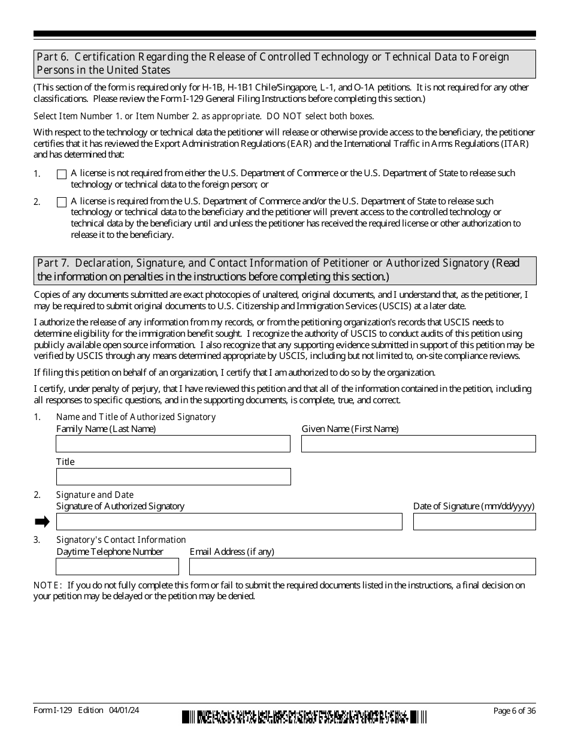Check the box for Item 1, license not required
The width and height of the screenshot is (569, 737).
pos(61,174)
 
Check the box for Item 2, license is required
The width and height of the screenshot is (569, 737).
pos(61,203)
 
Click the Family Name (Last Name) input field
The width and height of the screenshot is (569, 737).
pos(173,443)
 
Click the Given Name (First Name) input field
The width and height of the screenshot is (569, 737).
pos(418,443)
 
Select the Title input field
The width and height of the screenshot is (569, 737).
pos(173,476)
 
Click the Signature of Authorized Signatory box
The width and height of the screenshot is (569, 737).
pos(229,521)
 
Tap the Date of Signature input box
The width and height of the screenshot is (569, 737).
pos(474,521)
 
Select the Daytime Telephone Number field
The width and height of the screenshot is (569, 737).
pos(117,566)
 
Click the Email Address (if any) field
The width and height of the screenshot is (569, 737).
pos(362,566)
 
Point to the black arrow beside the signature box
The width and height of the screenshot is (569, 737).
pos(42,522)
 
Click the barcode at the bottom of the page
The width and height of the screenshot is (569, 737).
pos(305,716)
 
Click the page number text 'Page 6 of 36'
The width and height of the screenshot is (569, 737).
pos(514,711)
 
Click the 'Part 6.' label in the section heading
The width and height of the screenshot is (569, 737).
pos(50,57)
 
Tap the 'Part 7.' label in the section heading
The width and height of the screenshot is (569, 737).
pos(50,263)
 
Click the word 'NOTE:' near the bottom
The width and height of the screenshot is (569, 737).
pos(47,585)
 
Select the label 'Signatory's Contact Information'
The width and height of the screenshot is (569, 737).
pos(121,540)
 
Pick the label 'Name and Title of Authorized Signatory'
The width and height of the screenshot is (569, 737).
pos(136,417)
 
